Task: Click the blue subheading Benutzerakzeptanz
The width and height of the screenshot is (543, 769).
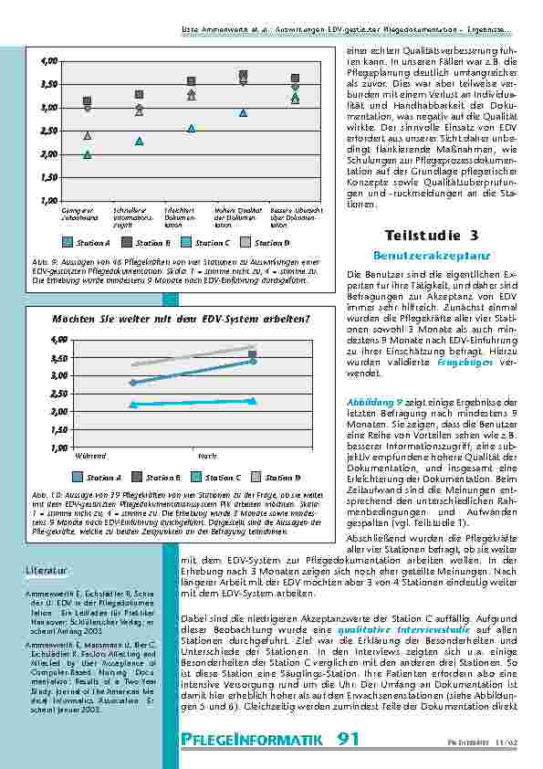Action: coord(419,256)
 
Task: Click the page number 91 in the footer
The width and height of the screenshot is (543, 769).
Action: coord(348,738)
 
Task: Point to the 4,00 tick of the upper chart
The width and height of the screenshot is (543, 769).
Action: coord(48,61)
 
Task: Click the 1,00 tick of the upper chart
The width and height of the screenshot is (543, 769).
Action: coord(48,200)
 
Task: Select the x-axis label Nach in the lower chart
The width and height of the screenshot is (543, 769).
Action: coord(207,455)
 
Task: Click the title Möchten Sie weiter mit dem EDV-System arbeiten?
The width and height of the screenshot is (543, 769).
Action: coord(181,320)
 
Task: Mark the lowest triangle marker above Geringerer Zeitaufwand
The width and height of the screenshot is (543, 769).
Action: coord(88,154)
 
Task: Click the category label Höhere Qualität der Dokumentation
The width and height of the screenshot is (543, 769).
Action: coord(236,216)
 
